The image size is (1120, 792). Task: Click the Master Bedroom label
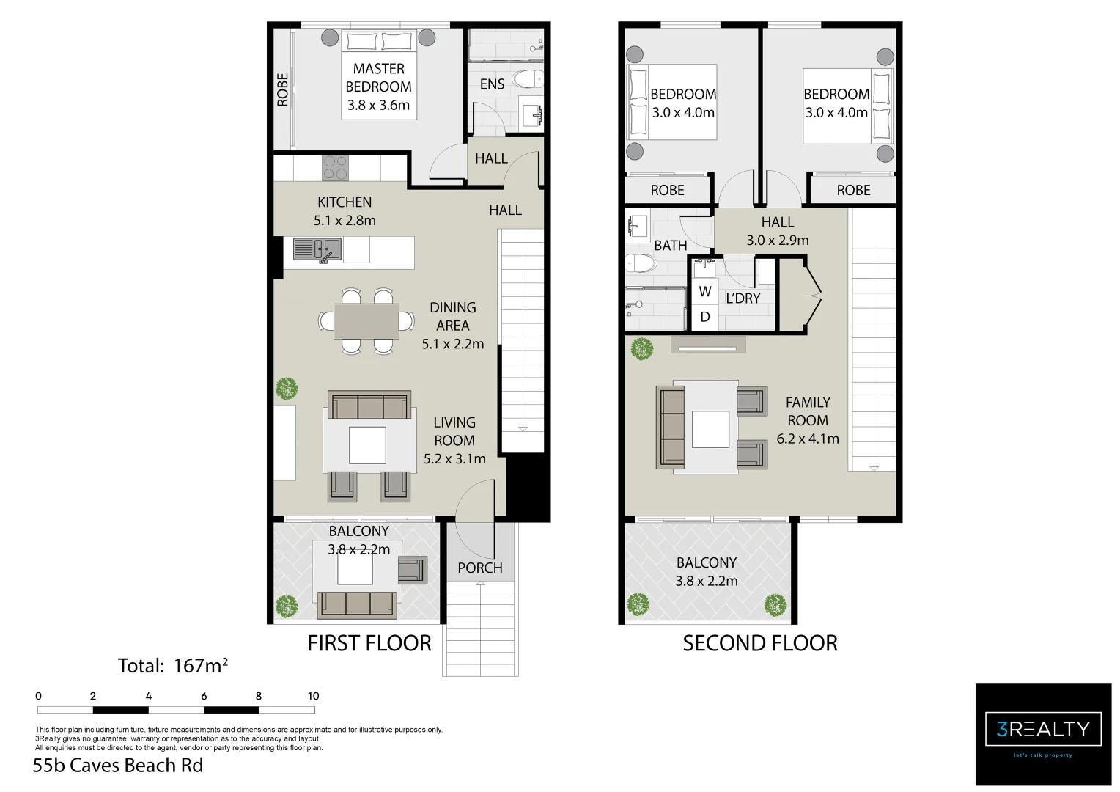pos(378,78)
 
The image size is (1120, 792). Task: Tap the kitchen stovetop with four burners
pos(335,168)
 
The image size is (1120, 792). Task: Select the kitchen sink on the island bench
pos(317,249)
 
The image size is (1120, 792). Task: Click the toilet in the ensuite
pos(527,79)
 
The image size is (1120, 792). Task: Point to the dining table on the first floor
pos(366,321)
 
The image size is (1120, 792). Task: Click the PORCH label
pos(480,568)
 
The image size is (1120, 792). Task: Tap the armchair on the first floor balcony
pos(412,570)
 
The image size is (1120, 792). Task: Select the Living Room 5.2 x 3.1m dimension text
pos(454,459)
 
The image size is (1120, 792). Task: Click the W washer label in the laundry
pos(705,291)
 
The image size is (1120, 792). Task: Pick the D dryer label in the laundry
pos(705,317)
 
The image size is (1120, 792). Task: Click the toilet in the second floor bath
pos(640,264)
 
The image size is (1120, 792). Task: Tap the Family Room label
pos(808,411)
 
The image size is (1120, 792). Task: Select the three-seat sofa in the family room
pos(671,428)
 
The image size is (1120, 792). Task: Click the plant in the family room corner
pos(641,349)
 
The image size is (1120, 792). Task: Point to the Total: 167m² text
pos(173,666)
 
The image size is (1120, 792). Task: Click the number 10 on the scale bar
pos(313,696)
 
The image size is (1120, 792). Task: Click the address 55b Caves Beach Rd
pos(118,766)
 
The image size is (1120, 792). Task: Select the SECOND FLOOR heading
pos(759,643)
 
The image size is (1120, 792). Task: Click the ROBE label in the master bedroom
pos(283,89)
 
